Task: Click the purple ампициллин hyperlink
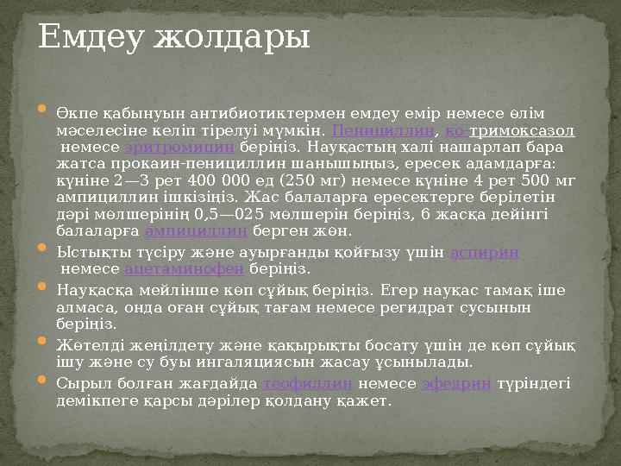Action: click(x=197, y=231)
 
